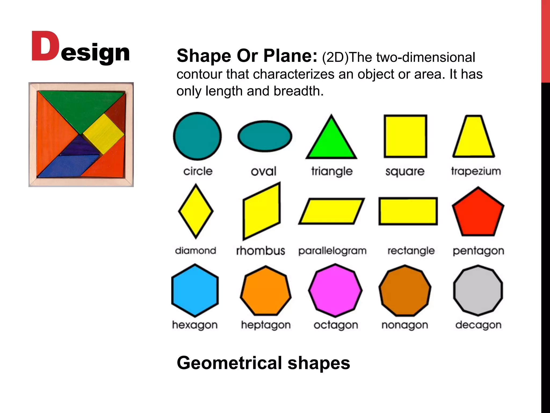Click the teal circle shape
coord(197,136)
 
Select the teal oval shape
coord(265,136)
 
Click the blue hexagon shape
coord(195,290)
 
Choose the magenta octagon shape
coord(335,290)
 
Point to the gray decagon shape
coord(478,290)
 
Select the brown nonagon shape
coord(405,290)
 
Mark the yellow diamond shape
coord(196,211)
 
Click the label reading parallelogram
coord(332,251)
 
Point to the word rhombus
coord(260,251)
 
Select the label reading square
coord(405,172)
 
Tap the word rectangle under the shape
coord(411,251)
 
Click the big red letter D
coord(45,46)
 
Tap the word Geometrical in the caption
coord(229,363)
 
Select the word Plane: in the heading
coord(290,56)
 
